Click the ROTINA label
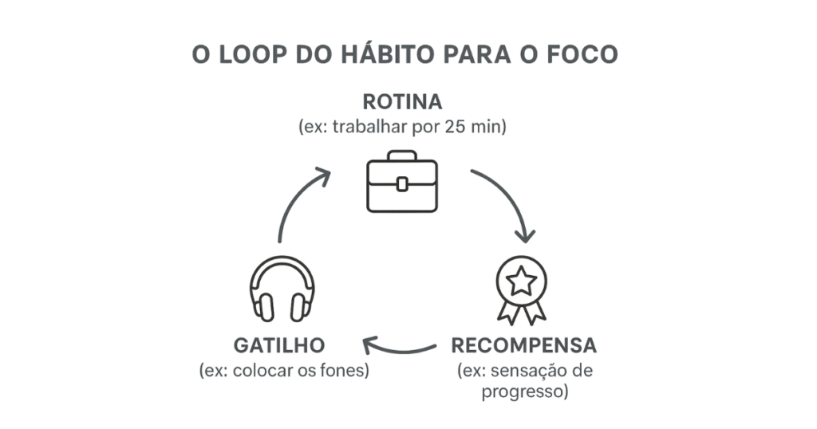(402, 103)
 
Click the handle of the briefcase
(402, 155)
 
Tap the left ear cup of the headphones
(262, 306)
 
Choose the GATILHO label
(279, 346)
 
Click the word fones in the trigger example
(345, 371)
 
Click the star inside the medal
(521, 281)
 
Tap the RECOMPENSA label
(523, 346)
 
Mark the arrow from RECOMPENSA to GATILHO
(399, 348)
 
